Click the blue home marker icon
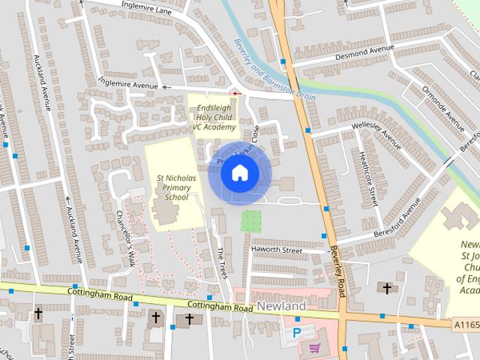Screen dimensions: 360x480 [x=239, y=173]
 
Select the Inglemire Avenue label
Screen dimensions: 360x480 [x=127, y=86]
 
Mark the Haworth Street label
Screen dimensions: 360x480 [x=276, y=250]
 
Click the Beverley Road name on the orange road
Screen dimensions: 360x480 [x=334, y=272]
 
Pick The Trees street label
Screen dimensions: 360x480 [x=222, y=263]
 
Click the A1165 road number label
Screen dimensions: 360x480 [x=466, y=324]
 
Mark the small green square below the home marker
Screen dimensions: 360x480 [x=251, y=220]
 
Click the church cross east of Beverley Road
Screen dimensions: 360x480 [x=387, y=287]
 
